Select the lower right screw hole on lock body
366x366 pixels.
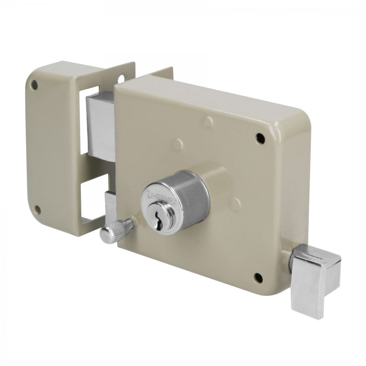[258, 278]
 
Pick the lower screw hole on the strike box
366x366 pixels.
[37, 210]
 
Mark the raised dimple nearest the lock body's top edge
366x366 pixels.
[209, 121]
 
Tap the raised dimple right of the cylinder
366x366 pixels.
[235, 204]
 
